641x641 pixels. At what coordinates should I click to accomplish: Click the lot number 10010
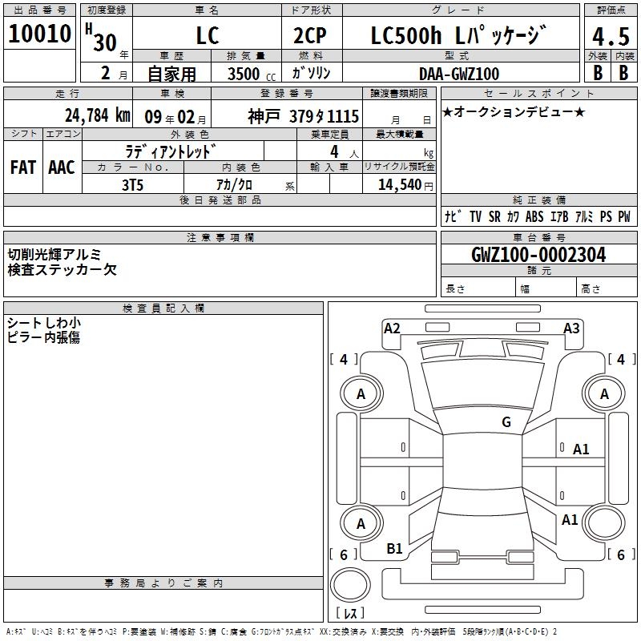tap(39, 34)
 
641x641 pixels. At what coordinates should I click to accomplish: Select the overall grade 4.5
tap(611, 36)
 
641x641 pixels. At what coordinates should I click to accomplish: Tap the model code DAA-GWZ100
tap(458, 74)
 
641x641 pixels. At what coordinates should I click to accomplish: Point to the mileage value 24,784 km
tap(97, 115)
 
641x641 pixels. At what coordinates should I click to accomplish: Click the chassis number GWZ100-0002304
tap(538, 255)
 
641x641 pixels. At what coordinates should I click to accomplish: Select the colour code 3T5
tap(132, 185)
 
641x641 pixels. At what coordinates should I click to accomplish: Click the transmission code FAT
tap(23, 167)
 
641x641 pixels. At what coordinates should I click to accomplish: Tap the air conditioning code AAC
tap(62, 167)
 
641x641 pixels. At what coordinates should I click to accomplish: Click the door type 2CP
tap(310, 36)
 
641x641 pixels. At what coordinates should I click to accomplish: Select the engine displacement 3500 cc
tap(252, 74)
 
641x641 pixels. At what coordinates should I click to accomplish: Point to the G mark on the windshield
tap(506, 421)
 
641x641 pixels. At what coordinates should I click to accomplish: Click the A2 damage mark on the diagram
tap(392, 329)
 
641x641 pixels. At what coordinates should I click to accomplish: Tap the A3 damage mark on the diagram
tap(571, 329)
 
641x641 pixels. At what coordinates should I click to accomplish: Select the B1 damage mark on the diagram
tap(394, 548)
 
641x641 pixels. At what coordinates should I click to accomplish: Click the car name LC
tap(208, 36)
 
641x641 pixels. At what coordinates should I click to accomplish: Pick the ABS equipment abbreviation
tap(534, 216)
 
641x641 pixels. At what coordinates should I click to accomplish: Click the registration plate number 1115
tap(343, 117)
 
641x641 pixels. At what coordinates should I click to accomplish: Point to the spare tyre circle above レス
tap(350, 585)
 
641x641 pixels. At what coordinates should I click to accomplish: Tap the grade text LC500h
tap(405, 36)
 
